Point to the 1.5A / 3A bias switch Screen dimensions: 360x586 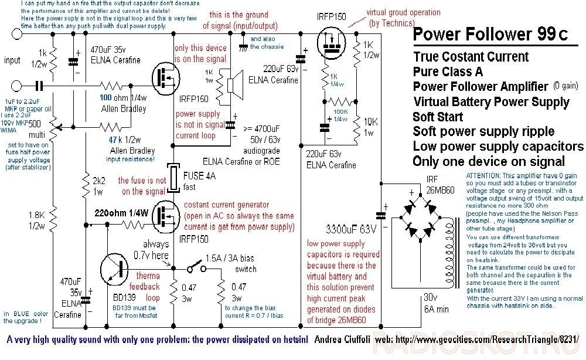click(195, 269)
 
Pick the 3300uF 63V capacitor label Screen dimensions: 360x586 click(343, 227)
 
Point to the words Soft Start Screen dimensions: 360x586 click(438, 116)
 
